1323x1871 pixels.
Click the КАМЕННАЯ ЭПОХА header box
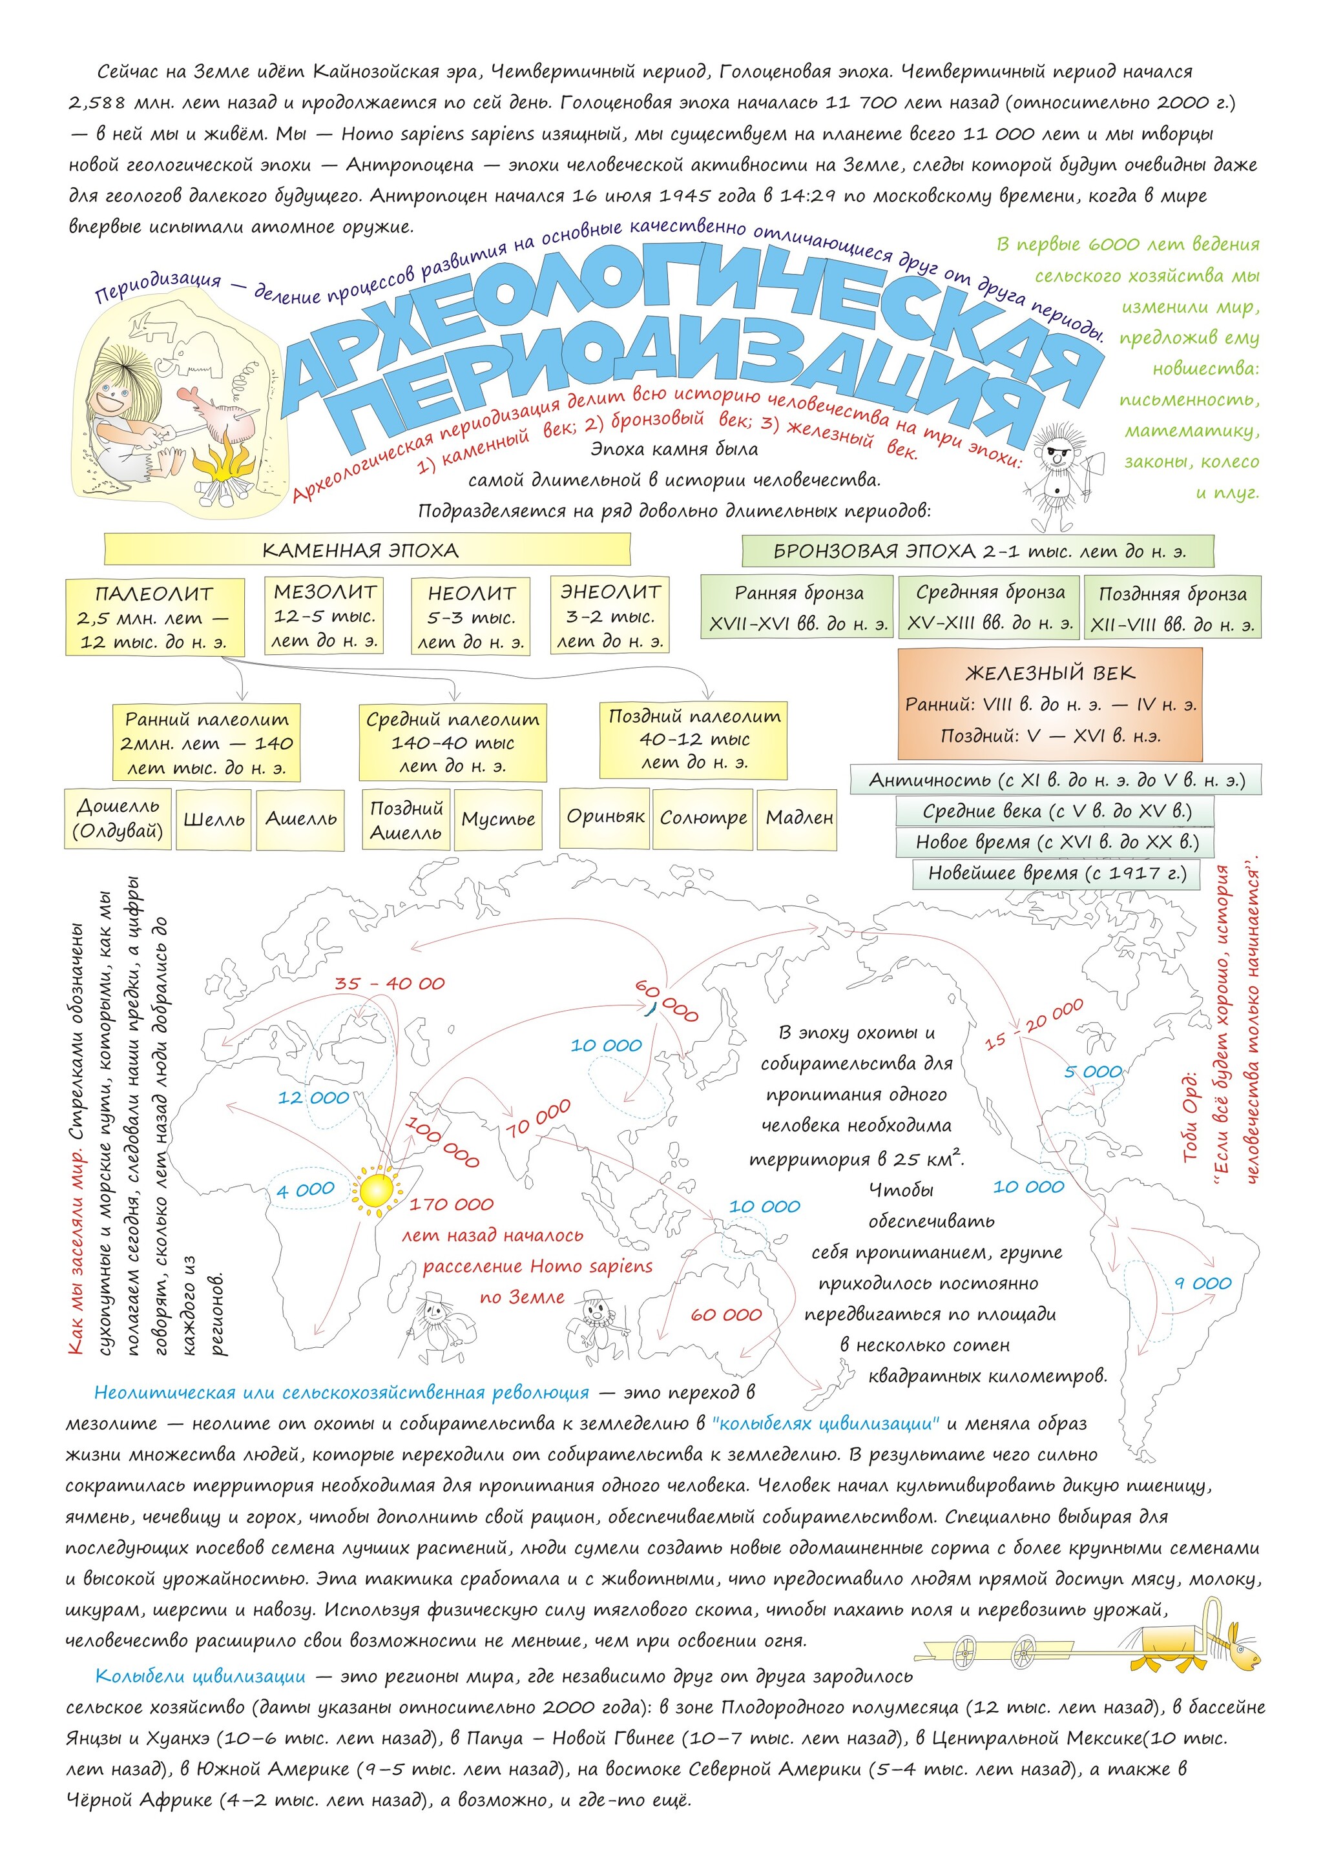(367, 549)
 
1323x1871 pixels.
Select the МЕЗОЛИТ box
(324, 615)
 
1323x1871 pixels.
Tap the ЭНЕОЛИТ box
(610, 615)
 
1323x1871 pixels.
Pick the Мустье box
(498, 819)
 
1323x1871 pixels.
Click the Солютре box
(703, 818)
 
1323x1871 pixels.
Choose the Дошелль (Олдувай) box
(118, 818)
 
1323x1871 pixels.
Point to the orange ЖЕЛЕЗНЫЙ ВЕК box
(1050, 704)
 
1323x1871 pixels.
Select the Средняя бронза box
(990, 607)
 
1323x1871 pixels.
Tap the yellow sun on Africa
(376, 1190)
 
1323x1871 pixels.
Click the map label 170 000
(452, 1204)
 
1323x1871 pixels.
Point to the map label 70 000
(539, 1117)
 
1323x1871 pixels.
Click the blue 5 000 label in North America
(1092, 1071)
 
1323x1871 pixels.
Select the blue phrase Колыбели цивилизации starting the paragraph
(200, 1675)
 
